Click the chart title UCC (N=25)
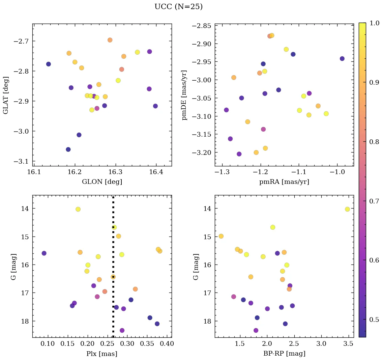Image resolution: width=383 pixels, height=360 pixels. (178, 7)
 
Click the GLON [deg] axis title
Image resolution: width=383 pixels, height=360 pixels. (102, 182)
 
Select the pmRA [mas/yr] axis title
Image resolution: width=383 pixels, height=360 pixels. (284, 182)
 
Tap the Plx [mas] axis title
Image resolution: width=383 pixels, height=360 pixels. (102, 354)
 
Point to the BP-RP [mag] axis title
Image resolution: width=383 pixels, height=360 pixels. (284, 354)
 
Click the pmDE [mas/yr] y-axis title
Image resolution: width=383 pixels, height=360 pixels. (184, 95)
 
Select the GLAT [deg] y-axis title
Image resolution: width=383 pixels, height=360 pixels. (6, 95)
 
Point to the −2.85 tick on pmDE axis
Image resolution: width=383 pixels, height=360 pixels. (201, 26)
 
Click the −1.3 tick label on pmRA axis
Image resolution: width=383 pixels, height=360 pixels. (220, 172)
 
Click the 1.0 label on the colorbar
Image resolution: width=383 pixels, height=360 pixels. (374, 23)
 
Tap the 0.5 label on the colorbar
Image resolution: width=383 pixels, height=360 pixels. (374, 320)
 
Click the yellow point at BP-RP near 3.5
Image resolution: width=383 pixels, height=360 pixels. (347, 209)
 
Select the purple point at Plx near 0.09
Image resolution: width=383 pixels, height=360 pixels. (44, 253)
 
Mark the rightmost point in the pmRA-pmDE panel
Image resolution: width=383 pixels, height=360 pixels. (342, 58)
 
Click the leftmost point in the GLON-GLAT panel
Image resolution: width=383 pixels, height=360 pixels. (48, 64)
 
